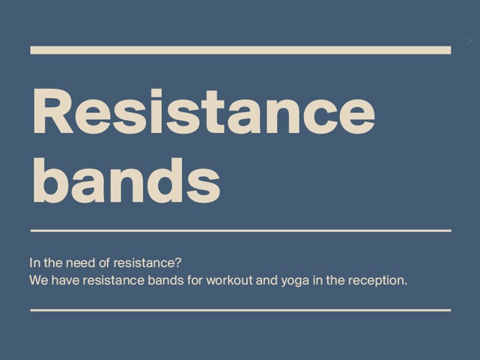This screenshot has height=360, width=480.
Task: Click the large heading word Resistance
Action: [x=204, y=112]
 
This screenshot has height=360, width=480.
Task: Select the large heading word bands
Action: [x=127, y=181]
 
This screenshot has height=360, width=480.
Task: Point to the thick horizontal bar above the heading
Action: [x=241, y=50]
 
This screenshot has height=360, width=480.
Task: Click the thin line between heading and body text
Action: [x=241, y=230]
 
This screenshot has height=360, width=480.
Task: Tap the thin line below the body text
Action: [x=241, y=310]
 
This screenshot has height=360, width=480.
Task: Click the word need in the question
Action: [x=80, y=263]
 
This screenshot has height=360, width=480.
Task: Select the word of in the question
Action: [x=103, y=263]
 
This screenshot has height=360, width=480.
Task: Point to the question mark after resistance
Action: [x=178, y=263]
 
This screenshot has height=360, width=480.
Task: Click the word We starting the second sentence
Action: [x=38, y=280]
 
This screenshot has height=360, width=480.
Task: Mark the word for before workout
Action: [x=195, y=280]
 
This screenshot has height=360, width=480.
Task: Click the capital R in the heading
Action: [x=53, y=112]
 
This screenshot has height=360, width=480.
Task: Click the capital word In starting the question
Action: [x=35, y=263]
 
